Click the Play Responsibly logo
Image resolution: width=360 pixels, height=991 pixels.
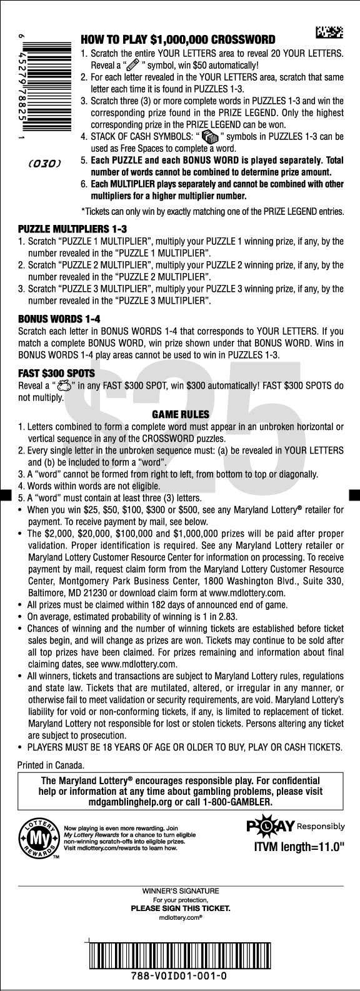[296, 827]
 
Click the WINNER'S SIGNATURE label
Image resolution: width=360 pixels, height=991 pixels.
[181, 890]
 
